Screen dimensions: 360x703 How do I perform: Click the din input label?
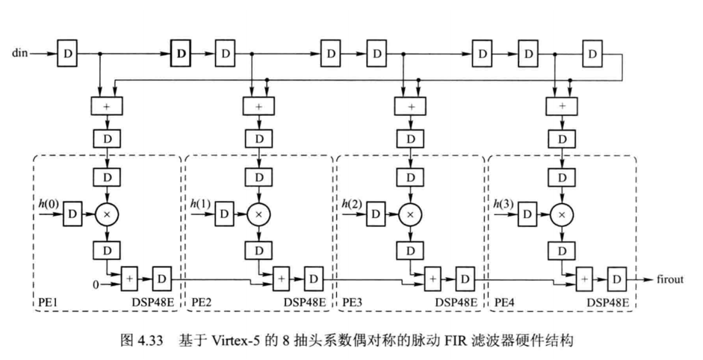[x=21, y=54]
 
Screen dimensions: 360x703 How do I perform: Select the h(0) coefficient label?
[x=49, y=203]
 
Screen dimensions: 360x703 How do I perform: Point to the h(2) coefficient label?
[x=353, y=203]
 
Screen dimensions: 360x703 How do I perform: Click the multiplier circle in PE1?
[x=106, y=214]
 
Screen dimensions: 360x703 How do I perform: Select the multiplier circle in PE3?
[x=409, y=214]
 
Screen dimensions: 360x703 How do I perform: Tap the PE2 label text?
[x=202, y=302]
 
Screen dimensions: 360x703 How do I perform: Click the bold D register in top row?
[x=181, y=54]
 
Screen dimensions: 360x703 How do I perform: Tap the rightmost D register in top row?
[x=593, y=54]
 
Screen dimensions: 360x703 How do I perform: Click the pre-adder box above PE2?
[x=258, y=107]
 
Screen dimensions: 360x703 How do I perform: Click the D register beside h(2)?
[x=376, y=214]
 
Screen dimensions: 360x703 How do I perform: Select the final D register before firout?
[x=617, y=279]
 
